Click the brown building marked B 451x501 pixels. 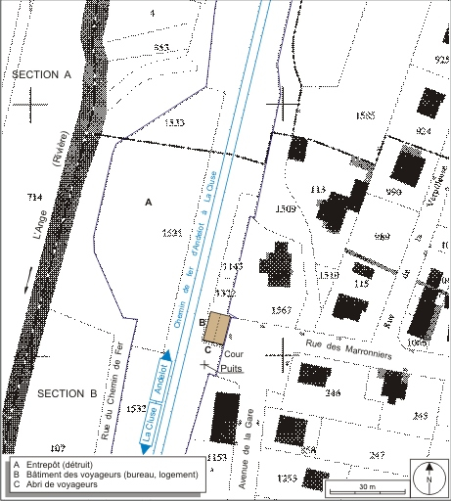click(216, 328)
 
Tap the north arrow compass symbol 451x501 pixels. click(428, 478)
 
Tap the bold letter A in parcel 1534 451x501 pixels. click(149, 202)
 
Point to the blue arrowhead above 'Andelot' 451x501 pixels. click(166, 358)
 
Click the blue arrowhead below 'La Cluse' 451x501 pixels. click(145, 447)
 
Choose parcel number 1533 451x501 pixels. click(175, 122)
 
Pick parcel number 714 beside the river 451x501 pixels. click(36, 197)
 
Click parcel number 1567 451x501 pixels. click(281, 309)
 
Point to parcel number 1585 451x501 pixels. click(364, 115)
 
